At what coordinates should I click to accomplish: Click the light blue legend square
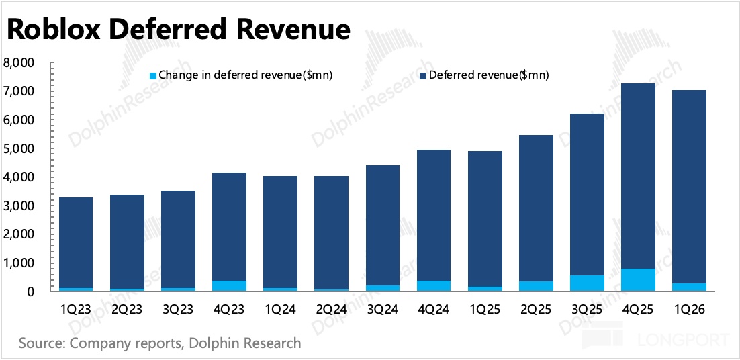[x=153, y=75]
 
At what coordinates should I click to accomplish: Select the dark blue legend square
[x=422, y=75]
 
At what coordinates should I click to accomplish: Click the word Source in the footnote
[x=39, y=342]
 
